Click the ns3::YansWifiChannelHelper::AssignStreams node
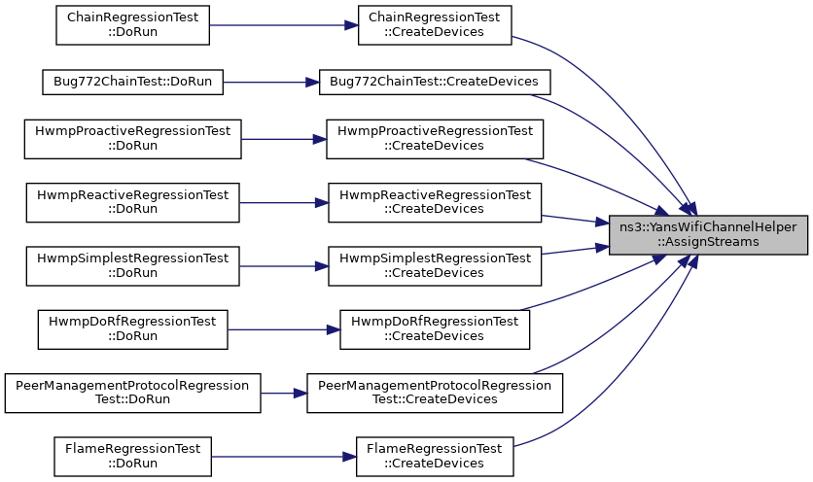coord(708,235)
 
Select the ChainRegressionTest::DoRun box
coord(132,25)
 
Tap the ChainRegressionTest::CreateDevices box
coord(435,25)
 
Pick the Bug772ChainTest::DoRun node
coord(132,82)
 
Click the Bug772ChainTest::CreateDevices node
coord(435,82)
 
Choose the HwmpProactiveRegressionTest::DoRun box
coord(132,139)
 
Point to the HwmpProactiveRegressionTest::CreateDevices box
coord(435,139)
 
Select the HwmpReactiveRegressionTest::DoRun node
coord(132,203)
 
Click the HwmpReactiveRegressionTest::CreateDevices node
coord(435,203)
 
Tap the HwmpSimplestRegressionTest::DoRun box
coord(132,266)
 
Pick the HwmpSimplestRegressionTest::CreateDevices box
coord(435,266)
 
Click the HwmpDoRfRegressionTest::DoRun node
coord(132,329)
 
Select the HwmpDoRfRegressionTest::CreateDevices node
coord(435,329)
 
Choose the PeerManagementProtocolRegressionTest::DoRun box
coord(132,393)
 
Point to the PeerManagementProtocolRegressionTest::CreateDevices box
coord(435,393)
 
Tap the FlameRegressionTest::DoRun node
coord(132,457)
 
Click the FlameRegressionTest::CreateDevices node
coord(435,457)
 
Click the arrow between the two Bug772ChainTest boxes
coord(271,82)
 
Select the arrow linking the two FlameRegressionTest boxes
coord(284,457)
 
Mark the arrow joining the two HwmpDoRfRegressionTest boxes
coord(284,329)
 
